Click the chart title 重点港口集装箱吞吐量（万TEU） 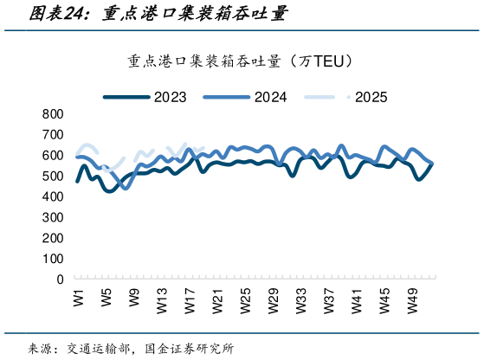pos(242,61)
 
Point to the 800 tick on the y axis pos(54,114)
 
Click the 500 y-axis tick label pos(54,177)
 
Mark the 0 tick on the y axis pos(61,280)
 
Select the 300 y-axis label pos(54,218)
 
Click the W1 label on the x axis pos(79,297)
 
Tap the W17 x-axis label pos(190,300)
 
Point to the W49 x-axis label pos(413,300)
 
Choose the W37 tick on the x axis pos(329,300)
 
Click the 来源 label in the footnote pos(39,349)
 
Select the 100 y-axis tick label pos(54,259)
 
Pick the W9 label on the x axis pos(134,297)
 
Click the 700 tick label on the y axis pos(54,135)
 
